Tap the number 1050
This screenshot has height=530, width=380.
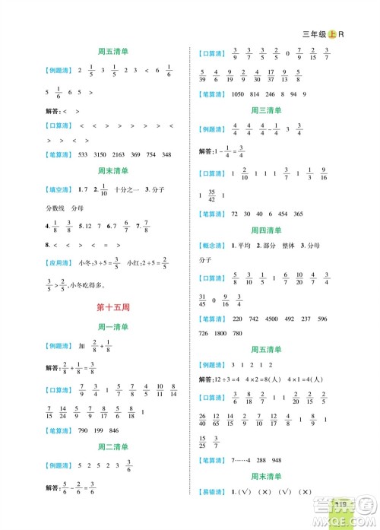point(239,94)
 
